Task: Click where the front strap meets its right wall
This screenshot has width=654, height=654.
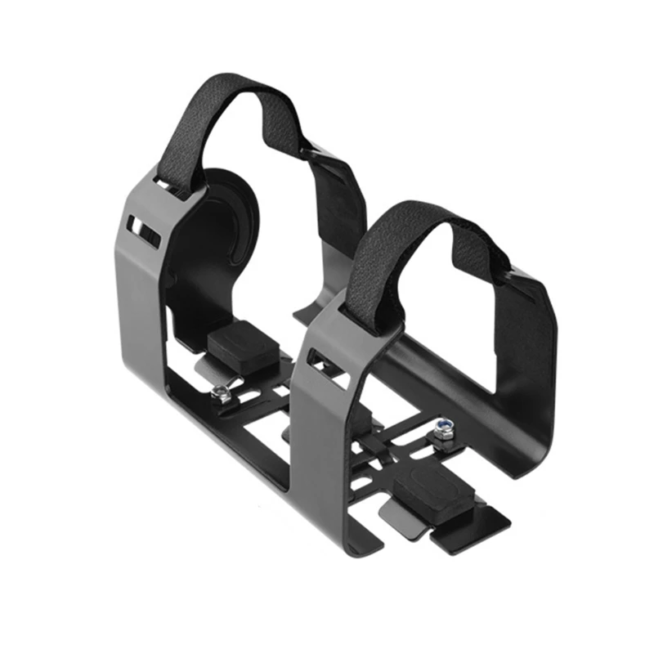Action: point(512,270)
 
